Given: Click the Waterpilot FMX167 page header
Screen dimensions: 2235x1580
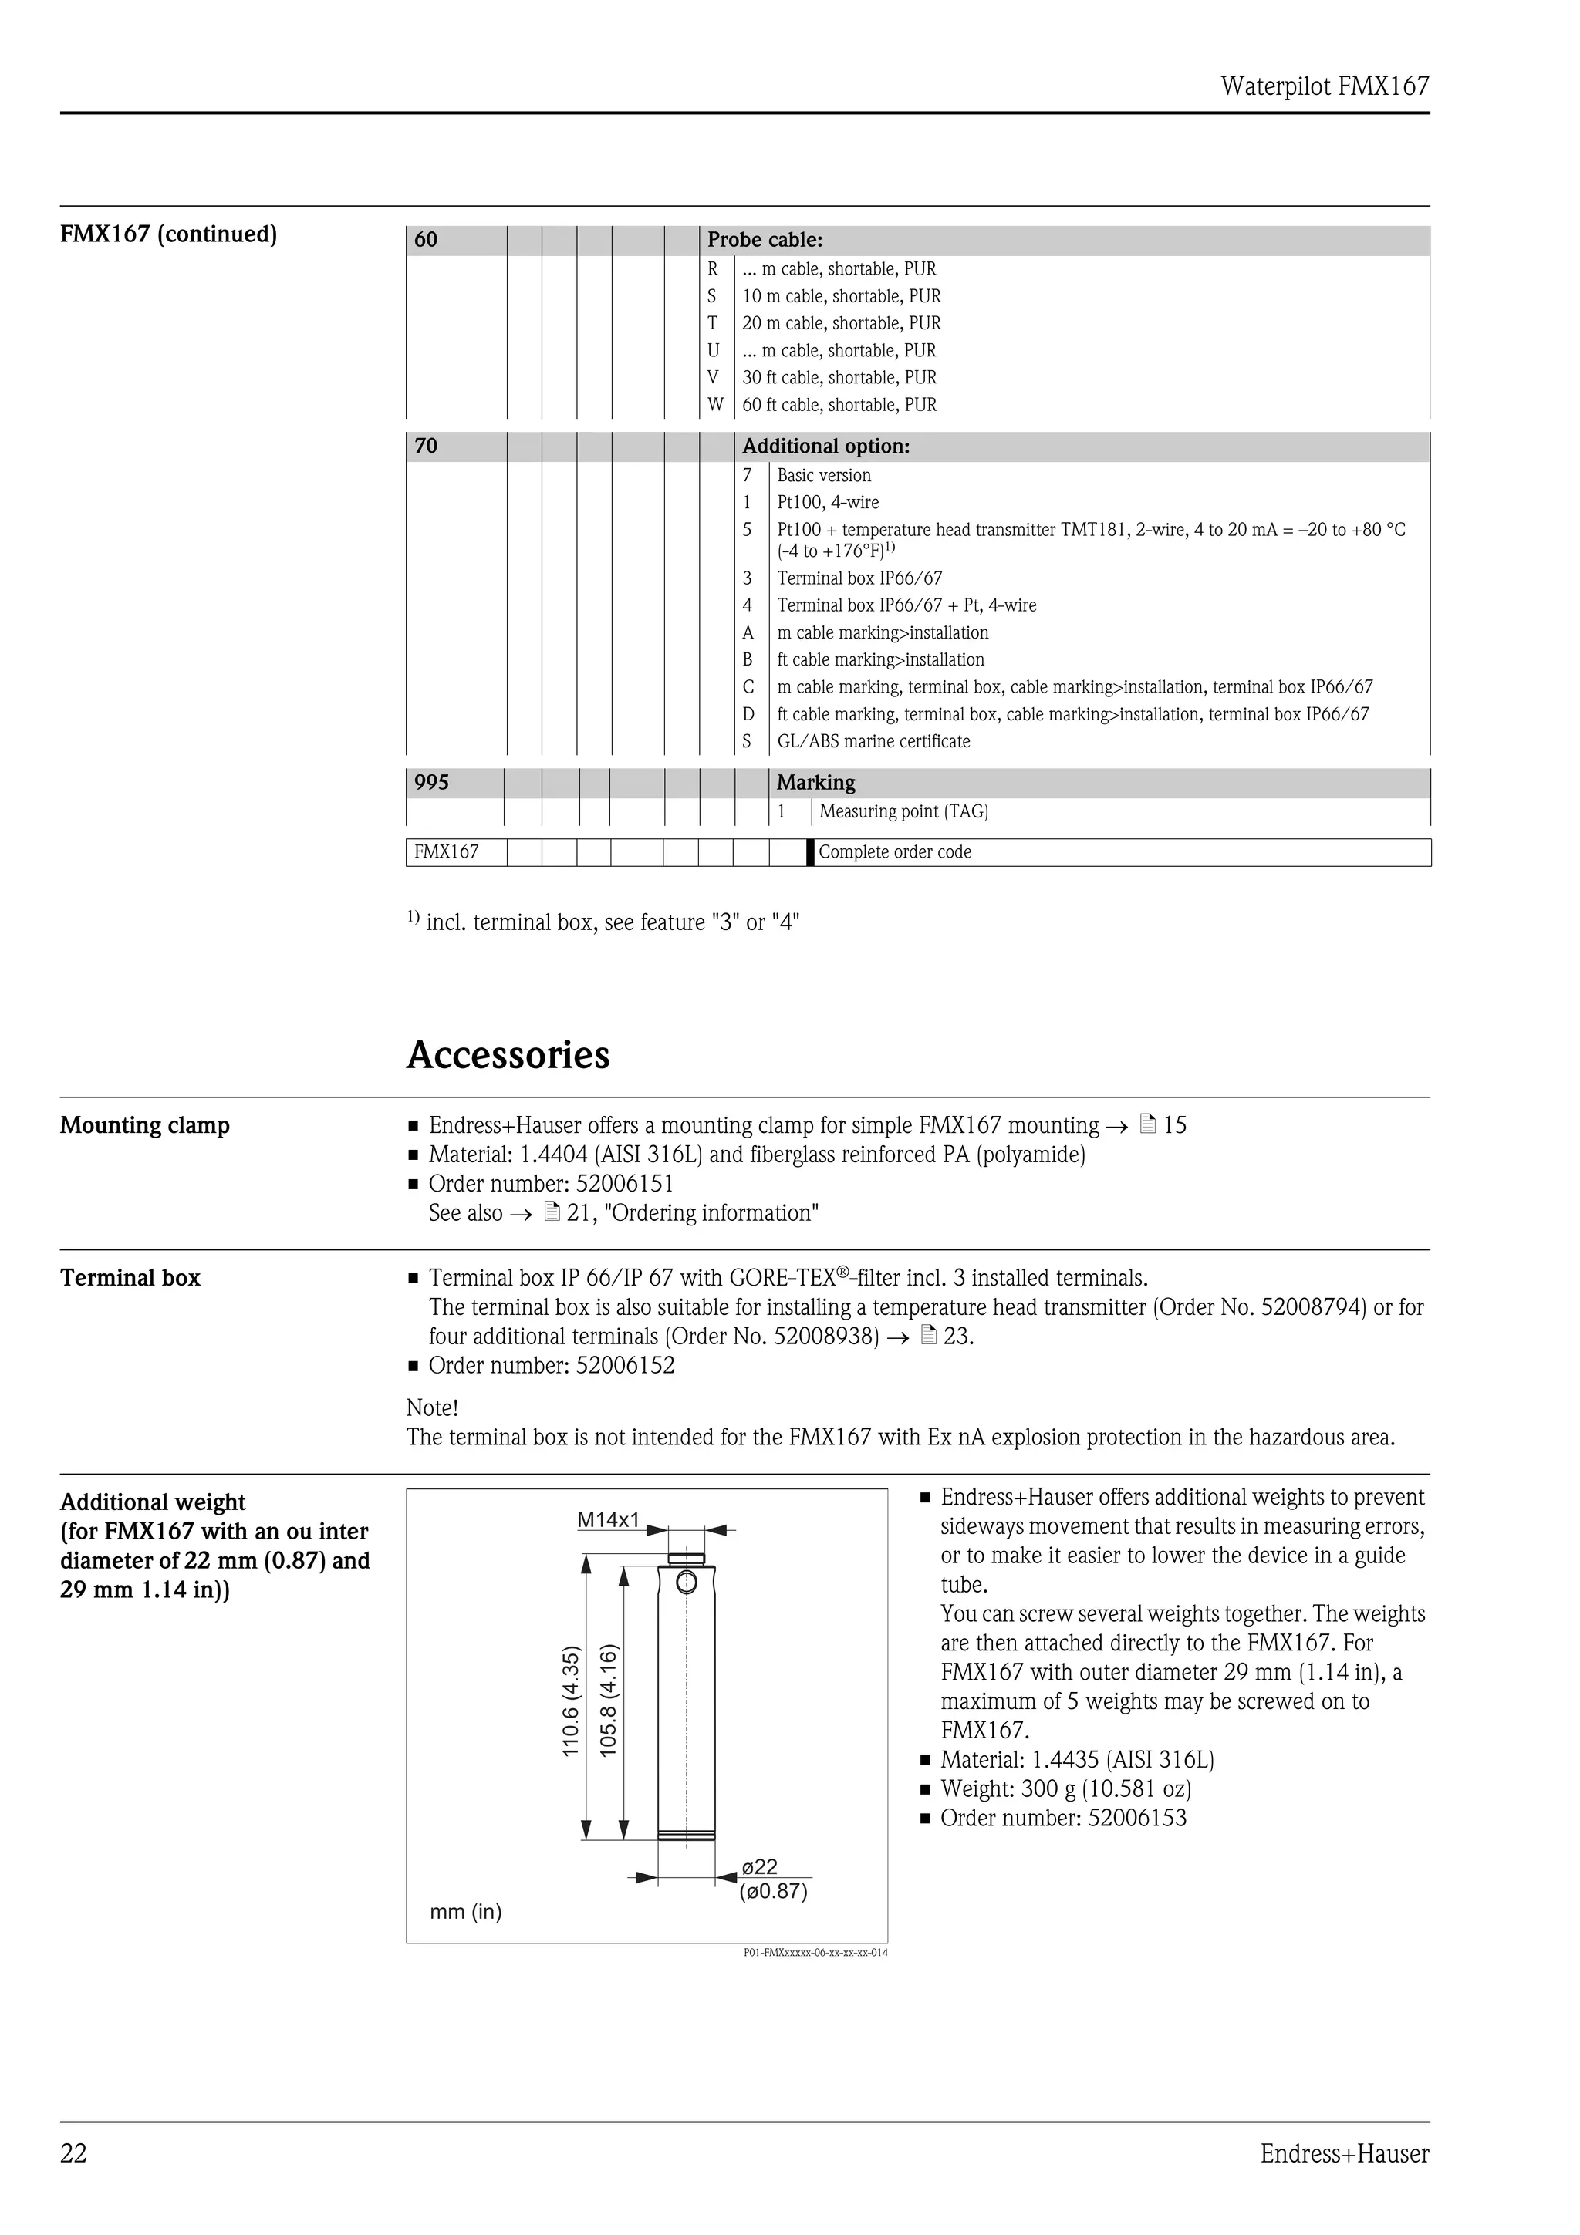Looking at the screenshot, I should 1324,86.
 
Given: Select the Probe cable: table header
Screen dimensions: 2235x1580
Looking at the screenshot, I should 765,239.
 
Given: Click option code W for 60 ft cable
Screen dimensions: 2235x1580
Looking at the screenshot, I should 715,405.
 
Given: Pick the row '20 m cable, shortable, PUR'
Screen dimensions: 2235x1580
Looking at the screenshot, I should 841,323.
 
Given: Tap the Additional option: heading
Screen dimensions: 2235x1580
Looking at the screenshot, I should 825,447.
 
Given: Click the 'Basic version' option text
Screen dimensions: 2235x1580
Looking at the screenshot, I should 824,476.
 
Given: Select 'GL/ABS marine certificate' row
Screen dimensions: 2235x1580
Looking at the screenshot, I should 873,742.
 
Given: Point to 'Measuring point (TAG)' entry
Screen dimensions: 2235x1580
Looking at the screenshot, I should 903,812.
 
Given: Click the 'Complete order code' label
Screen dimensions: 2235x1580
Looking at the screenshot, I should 895,853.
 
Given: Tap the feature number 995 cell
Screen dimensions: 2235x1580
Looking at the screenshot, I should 431,783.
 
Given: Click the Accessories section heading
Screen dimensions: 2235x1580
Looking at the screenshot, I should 508,1055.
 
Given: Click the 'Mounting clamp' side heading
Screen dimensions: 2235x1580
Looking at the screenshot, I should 145,1125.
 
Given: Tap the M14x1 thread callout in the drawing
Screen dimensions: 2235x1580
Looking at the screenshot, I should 609,1519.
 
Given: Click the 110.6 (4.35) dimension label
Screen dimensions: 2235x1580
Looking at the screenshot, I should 572,1701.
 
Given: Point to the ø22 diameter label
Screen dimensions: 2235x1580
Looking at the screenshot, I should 759,1867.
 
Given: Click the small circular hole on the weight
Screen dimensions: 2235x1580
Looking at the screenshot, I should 687,1583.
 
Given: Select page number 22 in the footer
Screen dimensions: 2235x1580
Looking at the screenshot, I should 74,2153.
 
